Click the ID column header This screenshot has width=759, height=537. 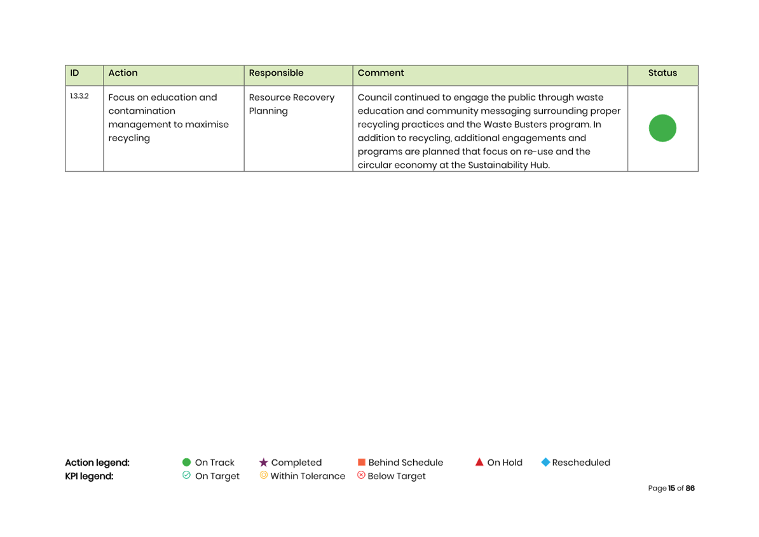(74, 73)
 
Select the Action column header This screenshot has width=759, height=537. (123, 73)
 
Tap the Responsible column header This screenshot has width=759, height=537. (276, 73)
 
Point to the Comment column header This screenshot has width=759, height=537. (381, 73)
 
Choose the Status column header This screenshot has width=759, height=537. (662, 73)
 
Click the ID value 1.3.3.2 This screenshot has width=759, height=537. (79, 96)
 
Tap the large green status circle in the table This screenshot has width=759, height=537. (662, 128)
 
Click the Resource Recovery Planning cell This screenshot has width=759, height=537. (291, 104)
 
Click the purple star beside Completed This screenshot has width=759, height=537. (263, 463)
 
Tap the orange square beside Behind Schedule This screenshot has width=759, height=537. (361, 463)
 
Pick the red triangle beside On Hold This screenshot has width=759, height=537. (479, 463)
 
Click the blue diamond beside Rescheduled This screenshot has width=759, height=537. (545, 463)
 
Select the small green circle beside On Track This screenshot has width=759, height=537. (186, 463)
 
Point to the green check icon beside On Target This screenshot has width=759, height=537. (186, 475)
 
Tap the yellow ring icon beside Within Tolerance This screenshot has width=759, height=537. (263, 475)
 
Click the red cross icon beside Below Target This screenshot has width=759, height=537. (361, 475)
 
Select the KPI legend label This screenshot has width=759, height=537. (89, 477)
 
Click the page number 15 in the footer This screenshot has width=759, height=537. (671, 489)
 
